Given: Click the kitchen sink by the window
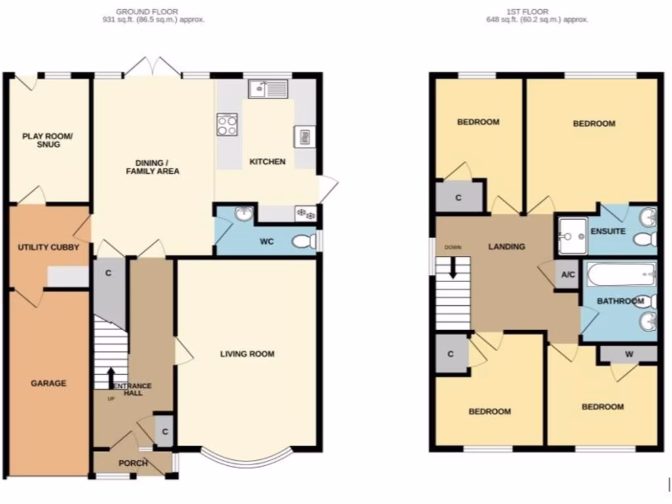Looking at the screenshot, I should click(268, 89).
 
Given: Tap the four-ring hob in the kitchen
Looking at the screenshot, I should click(227, 124).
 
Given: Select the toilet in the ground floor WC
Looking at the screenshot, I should click(304, 242).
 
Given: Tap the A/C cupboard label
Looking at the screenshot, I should click(566, 275).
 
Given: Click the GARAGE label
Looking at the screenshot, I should click(49, 383).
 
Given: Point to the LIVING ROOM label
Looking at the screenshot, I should click(247, 354).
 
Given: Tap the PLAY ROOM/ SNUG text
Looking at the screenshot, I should click(49, 140).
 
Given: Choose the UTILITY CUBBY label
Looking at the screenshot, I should click(49, 247).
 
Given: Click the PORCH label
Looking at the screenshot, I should click(132, 463).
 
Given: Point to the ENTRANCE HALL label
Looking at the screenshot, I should click(133, 389).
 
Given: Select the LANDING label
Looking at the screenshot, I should click(507, 247).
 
